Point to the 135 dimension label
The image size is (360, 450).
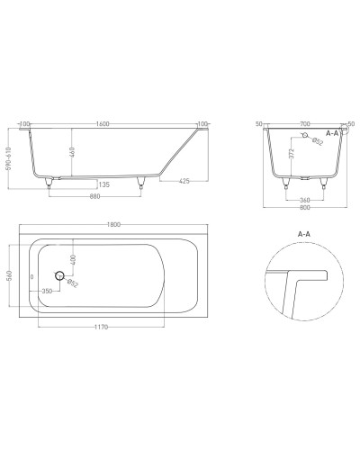point(103,184)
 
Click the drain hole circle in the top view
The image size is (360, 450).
point(61,276)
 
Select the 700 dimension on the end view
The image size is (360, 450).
point(305,124)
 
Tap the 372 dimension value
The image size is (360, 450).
point(291,155)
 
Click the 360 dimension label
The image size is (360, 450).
point(305,201)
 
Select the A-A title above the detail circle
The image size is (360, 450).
point(304,231)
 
